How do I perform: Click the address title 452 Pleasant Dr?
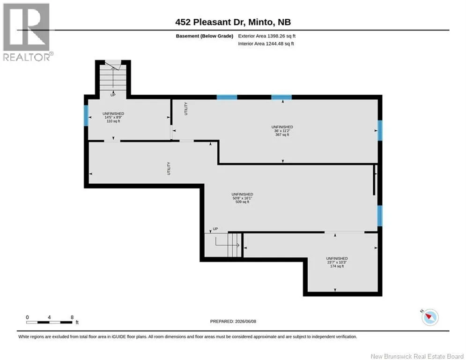(210, 22)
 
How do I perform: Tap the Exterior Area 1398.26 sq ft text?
(266, 36)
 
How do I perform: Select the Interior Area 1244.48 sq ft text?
(266, 44)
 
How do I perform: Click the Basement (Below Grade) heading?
(205, 36)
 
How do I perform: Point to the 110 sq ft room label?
(113, 121)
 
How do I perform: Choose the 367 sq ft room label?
(282, 135)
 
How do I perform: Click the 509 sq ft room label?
(242, 202)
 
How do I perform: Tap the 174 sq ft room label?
(337, 266)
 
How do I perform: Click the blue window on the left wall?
(86, 115)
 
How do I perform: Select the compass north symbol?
(430, 317)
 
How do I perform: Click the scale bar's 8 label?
(72, 317)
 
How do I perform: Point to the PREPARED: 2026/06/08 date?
(233, 321)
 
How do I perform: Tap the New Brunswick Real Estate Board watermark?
(417, 356)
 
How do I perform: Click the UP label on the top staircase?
(113, 95)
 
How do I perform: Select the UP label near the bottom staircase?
(215, 229)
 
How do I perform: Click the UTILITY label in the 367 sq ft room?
(186, 109)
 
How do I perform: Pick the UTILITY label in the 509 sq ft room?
(169, 168)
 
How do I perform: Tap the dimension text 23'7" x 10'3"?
(337, 262)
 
